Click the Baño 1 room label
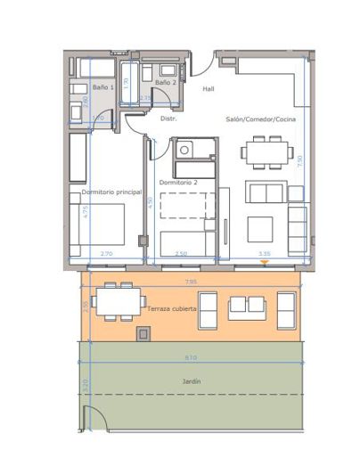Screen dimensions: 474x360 102,88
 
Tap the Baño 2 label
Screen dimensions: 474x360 165,83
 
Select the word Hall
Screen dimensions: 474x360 209,89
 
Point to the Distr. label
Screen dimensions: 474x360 168,118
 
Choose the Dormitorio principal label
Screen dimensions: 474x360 111,192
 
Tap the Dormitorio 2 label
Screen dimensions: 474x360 178,182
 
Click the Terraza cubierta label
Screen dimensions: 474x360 173,307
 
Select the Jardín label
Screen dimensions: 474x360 192,381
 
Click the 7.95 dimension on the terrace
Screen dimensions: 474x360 191,282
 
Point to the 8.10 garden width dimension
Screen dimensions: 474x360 191,358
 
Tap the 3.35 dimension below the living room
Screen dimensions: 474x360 265,255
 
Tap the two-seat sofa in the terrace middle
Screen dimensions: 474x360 249,307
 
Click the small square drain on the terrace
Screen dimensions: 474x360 141,333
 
